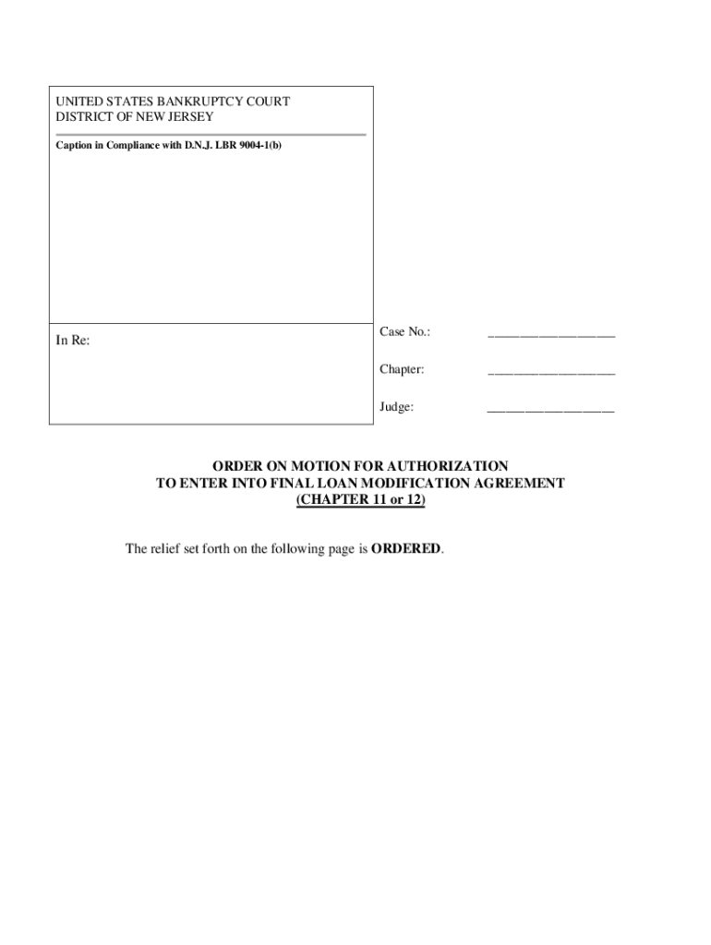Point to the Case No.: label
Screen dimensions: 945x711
(x=404, y=332)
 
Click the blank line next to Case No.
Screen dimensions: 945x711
(x=550, y=336)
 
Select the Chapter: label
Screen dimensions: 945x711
(x=402, y=369)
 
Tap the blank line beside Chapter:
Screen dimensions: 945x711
(x=550, y=373)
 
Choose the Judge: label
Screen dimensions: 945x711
(x=396, y=406)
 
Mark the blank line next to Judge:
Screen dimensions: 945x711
(x=550, y=410)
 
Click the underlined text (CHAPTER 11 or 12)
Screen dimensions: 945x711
(x=361, y=500)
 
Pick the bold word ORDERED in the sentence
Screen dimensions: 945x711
(x=405, y=549)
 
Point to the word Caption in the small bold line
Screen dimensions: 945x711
(x=74, y=146)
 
